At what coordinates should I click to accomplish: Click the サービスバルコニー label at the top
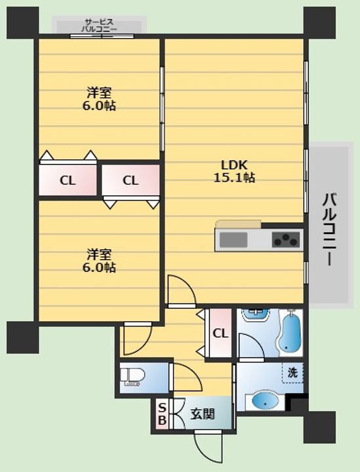click(99, 26)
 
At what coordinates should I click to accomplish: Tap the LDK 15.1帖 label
click(234, 171)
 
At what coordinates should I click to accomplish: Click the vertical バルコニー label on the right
click(329, 229)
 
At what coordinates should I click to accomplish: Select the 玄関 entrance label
click(203, 414)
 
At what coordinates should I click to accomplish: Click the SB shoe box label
click(162, 414)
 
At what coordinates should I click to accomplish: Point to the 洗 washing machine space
click(292, 372)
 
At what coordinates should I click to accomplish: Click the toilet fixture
click(132, 377)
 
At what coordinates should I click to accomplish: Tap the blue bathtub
click(290, 334)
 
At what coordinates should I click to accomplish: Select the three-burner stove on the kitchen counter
click(286, 240)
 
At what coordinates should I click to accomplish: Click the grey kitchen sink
click(233, 240)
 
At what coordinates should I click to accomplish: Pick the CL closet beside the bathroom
click(220, 333)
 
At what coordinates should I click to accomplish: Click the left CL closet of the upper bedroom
click(68, 180)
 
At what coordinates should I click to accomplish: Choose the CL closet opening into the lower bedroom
click(130, 180)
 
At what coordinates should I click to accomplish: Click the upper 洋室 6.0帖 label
click(99, 99)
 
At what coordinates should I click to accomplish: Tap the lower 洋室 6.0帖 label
click(99, 261)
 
